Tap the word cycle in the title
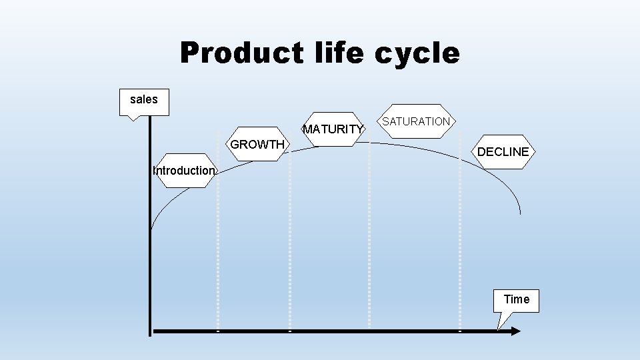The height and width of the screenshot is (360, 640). (417, 53)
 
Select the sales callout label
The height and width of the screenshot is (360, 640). (144, 100)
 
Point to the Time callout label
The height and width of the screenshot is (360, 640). (517, 299)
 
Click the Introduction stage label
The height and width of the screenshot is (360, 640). (183, 170)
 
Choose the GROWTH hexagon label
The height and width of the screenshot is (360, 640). (257, 145)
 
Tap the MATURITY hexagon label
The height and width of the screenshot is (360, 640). (333, 129)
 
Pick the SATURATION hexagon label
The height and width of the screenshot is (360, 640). (416, 121)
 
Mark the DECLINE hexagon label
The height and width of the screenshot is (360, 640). (503, 152)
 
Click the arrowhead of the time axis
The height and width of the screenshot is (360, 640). (514, 330)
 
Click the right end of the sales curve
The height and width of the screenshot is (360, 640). (519, 213)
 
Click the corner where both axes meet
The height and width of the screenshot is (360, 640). (150, 331)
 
